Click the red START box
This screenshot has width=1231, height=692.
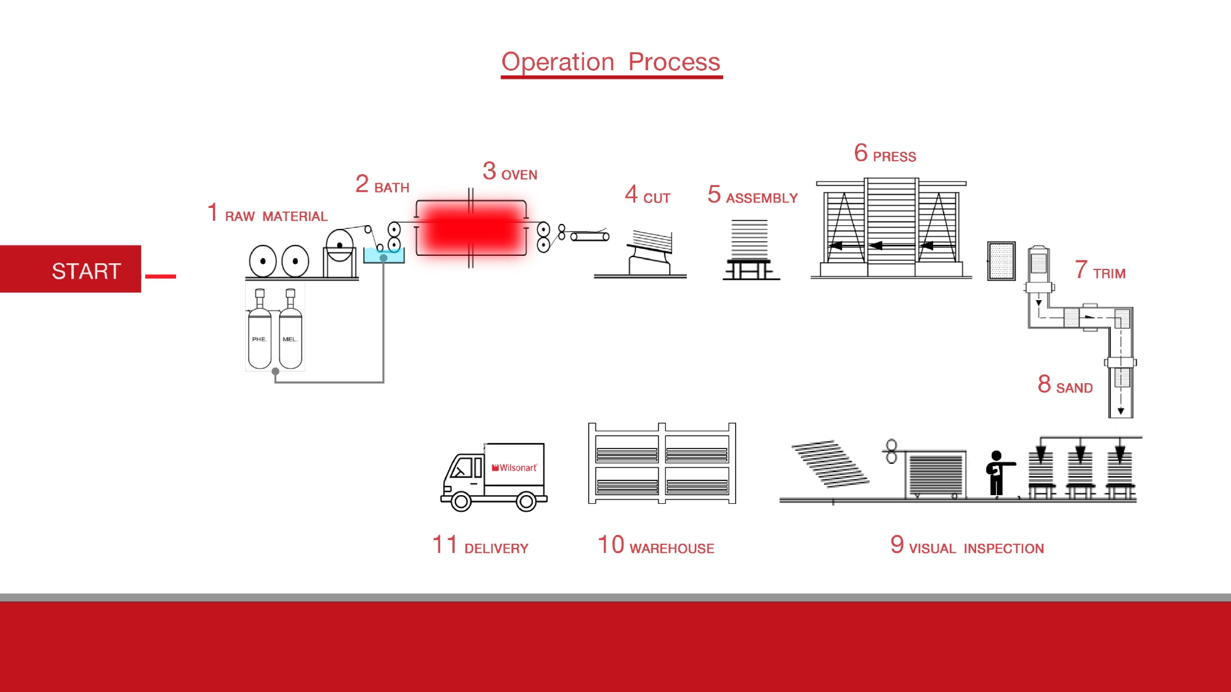point(71,269)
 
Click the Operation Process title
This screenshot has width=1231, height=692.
point(611,62)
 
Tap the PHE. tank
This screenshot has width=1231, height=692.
point(259,338)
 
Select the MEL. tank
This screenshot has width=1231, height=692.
point(290,338)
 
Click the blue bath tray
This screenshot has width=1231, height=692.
point(383,256)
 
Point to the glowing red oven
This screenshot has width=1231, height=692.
point(471,229)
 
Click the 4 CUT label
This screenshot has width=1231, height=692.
point(648,196)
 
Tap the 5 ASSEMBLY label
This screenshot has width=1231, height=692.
point(752,196)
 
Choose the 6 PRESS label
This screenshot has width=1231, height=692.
point(884,154)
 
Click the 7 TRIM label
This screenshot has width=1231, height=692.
point(1100,271)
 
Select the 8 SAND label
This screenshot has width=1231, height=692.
point(1065,385)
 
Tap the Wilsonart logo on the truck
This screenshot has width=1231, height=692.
point(515,467)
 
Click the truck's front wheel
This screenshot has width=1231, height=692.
point(461,501)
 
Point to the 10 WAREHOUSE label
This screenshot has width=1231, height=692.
point(656,546)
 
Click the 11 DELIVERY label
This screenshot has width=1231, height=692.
point(480,546)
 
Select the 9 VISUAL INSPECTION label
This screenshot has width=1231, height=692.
point(967,546)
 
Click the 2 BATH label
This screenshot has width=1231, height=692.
point(382,185)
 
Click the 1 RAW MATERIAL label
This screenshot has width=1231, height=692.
point(267,214)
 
